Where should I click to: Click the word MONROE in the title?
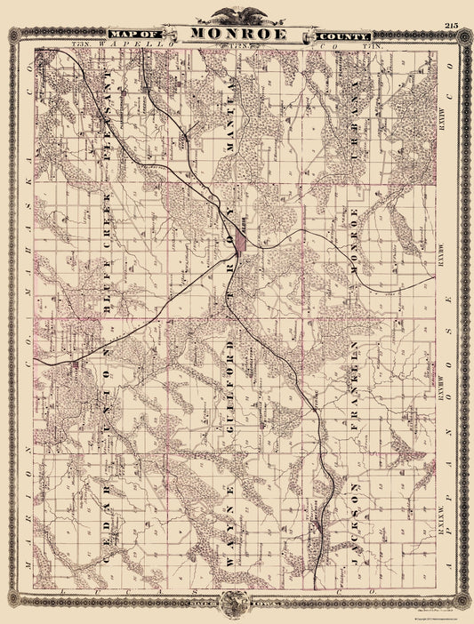coord(237,35)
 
